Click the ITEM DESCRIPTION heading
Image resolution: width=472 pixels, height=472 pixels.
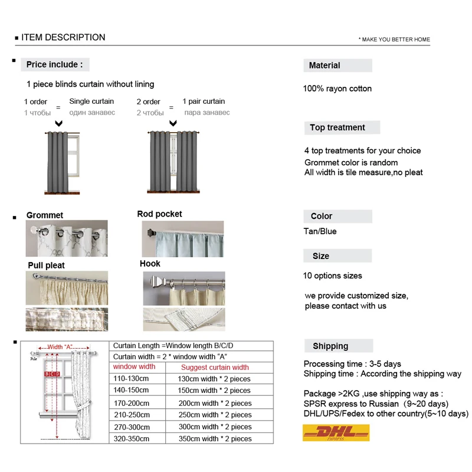click(x=63, y=38)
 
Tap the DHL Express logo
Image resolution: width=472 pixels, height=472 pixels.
click(x=336, y=432)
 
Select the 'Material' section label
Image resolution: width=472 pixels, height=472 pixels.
click(x=324, y=65)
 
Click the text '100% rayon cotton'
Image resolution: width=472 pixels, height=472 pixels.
click(x=337, y=88)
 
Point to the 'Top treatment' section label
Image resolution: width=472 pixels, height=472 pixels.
click(x=337, y=127)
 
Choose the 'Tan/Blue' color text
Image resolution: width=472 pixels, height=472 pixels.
click(x=320, y=231)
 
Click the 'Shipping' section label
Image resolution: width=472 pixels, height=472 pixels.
click(x=330, y=346)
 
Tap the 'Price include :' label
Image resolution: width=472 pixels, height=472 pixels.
click(x=54, y=64)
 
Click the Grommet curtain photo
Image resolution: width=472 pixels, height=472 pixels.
click(x=66, y=238)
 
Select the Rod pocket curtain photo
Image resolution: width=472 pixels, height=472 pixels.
click(x=182, y=238)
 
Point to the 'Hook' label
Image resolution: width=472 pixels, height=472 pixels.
click(x=150, y=264)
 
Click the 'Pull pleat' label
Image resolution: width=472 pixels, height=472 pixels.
click(x=46, y=265)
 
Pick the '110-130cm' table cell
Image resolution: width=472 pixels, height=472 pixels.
click(x=131, y=379)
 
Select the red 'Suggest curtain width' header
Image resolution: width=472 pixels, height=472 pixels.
click(x=215, y=368)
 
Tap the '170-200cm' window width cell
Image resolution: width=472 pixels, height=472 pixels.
click(x=132, y=403)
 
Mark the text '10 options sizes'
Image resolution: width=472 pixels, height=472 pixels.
click(x=332, y=276)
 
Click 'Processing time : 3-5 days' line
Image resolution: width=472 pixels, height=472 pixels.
click(x=352, y=363)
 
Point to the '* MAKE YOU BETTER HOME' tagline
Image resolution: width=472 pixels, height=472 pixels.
click(x=394, y=40)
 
